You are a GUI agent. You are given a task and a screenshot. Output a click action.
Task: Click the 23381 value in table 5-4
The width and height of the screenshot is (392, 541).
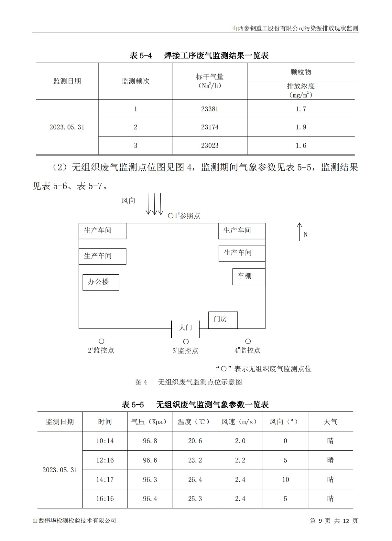coord(210,109)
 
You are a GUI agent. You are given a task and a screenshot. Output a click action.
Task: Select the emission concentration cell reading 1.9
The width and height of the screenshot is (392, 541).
coord(300,127)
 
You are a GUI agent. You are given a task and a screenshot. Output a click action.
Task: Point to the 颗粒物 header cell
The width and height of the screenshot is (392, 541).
coord(300,72)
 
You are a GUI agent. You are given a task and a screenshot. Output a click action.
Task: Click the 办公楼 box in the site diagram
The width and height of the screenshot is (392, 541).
coord(101,282)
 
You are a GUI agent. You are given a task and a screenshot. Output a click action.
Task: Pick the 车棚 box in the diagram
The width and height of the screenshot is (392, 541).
coord(248,276)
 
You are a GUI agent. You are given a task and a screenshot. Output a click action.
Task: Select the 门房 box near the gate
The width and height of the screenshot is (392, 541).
coord(223,320)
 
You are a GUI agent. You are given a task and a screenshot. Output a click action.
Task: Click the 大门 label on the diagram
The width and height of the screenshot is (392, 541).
coord(185,328)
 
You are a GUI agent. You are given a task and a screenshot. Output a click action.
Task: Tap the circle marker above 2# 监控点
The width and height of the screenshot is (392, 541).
coord(102,341)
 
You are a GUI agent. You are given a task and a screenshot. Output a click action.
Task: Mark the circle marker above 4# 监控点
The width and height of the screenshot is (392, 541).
coord(248,341)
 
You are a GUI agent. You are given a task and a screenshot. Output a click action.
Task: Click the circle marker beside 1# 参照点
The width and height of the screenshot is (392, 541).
coord(171,216)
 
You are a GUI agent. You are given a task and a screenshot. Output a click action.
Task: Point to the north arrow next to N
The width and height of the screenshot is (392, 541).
coord(299,231)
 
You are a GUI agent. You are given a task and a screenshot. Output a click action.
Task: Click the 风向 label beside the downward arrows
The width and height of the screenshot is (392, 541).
coord(128,201)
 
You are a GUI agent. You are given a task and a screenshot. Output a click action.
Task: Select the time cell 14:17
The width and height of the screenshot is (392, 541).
coord(105,480)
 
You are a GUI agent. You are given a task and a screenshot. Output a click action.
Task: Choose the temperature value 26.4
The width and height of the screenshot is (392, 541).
coord(195,480)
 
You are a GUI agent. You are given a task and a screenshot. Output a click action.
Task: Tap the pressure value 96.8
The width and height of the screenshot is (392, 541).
coord(150,441)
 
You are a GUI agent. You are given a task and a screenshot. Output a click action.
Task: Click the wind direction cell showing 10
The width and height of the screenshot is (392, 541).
coord(285,480)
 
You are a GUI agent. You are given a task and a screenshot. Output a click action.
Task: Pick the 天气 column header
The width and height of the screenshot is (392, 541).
coord(330,422)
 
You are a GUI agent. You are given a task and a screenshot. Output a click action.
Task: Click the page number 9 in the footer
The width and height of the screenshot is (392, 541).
coord(321,521)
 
